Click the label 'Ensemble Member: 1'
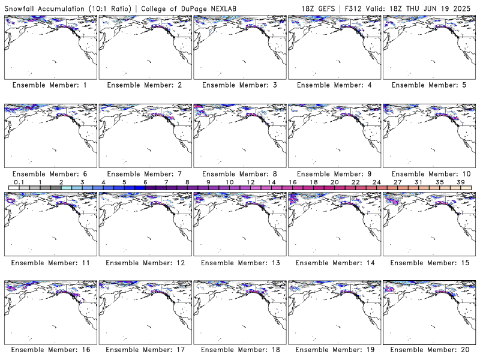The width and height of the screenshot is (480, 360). pos(50,85)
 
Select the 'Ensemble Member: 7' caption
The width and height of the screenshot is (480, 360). pos(145,174)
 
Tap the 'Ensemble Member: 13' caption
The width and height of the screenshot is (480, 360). pos(241,263)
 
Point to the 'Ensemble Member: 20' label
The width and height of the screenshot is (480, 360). pos(430,350)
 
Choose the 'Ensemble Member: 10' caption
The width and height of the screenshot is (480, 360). pos(431,174)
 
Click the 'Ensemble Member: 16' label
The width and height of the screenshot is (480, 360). pos(51,350)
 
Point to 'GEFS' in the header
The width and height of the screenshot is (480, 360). pos(326,8)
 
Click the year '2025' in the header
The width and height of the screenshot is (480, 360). pos(462,8)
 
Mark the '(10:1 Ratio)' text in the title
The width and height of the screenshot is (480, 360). pos(110,8)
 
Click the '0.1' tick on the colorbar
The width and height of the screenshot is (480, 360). pos(19,182)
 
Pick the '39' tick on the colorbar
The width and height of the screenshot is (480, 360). pos(461,182)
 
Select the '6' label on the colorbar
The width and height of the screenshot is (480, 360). pos(145,182)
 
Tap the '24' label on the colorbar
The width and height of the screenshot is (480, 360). pos(377,182)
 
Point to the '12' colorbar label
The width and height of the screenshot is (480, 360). pos(250,182)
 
